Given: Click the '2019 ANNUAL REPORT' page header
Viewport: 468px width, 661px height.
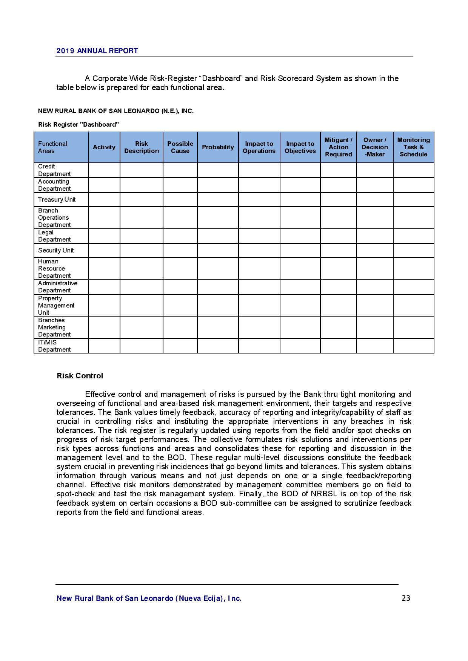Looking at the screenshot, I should click(97, 51).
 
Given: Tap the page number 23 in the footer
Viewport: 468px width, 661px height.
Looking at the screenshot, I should click(406, 598).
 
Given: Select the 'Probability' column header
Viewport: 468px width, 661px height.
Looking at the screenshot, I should click(218, 147).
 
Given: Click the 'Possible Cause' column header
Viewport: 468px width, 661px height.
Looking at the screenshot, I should click(180, 147).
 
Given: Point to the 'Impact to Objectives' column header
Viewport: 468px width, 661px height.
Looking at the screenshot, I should click(300, 147).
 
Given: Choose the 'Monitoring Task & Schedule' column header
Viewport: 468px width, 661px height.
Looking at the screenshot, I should click(413, 147).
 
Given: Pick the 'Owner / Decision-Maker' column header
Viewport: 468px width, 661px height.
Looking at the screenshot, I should click(375, 147).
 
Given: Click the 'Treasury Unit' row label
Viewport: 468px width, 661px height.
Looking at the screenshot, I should click(57, 200).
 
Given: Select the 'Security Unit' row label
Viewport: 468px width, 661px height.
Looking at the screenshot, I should click(56, 251).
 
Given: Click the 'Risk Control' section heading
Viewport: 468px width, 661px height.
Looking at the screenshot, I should click(80, 376).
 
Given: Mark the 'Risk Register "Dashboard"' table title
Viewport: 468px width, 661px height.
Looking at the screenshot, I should click(79, 124).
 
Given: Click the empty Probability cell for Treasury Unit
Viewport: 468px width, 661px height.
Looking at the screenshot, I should click(218, 200).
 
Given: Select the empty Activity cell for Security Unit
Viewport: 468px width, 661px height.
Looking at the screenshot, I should click(104, 251).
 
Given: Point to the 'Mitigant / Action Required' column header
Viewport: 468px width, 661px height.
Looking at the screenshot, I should click(338, 147).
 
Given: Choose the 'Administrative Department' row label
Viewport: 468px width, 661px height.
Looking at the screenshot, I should click(57, 287).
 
